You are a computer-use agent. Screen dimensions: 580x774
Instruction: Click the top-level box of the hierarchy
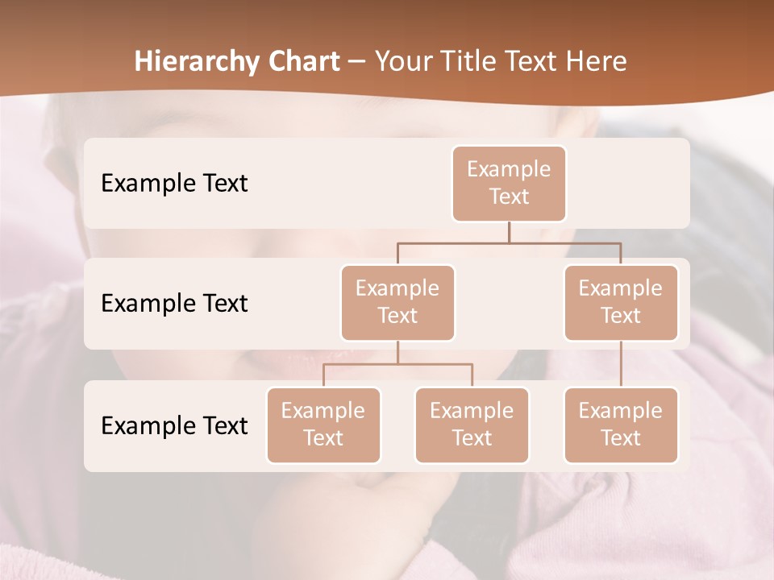click(x=509, y=183)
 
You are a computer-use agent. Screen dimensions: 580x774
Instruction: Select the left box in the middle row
click(x=397, y=302)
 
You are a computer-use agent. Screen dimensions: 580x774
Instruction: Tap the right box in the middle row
click(x=621, y=302)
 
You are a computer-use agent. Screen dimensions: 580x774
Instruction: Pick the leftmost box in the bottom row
click(x=323, y=425)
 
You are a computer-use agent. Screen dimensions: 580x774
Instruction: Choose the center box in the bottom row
click(x=472, y=425)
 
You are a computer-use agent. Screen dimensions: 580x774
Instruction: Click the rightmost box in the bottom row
click(x=621, y=425)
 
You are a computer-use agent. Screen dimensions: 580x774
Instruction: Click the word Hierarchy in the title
click(x=196, y=62)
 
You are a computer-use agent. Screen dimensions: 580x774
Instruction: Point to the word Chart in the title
click(x=303, y=61)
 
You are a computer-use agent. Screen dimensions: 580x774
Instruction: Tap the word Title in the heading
click(x=464, y=61)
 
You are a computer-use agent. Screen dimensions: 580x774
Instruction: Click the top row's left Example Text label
click(x=174, y=184)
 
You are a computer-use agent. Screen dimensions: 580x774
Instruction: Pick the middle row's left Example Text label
click(x=174, y=304)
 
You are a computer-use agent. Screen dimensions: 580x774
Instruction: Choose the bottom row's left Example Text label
click(x=174, y=425)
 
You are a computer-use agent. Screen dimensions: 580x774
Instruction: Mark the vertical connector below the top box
click(x=509, y=232)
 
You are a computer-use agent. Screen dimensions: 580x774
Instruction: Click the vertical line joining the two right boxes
click(x=621, y=364)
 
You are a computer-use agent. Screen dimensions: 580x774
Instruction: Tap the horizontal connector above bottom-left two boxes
click(x=397, y=364)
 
